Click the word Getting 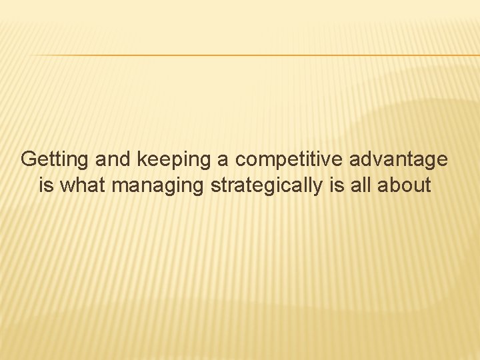(x=55, y=160)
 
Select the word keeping (x=173, y=161)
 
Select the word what (x=83, y=185)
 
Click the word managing (x=158, y=185)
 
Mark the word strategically (x=267, y=185)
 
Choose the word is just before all (x=336, y=185)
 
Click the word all (x=361, y=185)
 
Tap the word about (x=405, y=185)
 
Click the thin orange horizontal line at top (x=253, y=55)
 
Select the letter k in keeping (x=141, y=160)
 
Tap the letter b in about (x=395, y=185)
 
